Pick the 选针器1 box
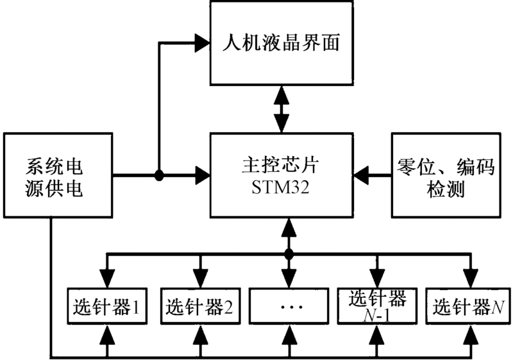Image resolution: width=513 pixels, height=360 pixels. pyautogui.click(x=106, y=307)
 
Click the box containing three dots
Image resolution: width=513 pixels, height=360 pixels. pyautogui.click(x=288, y=307)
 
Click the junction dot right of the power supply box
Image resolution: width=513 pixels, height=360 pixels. pyautogui.click(x=158, y=174)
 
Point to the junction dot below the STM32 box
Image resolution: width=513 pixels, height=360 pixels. pyautogui.click(x=288, y=253)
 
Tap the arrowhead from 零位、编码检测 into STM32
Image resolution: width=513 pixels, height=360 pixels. pyautogui.click(x=360, y=174)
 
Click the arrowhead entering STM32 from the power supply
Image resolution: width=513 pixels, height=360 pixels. pyautogui.click(x=203, y=174)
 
